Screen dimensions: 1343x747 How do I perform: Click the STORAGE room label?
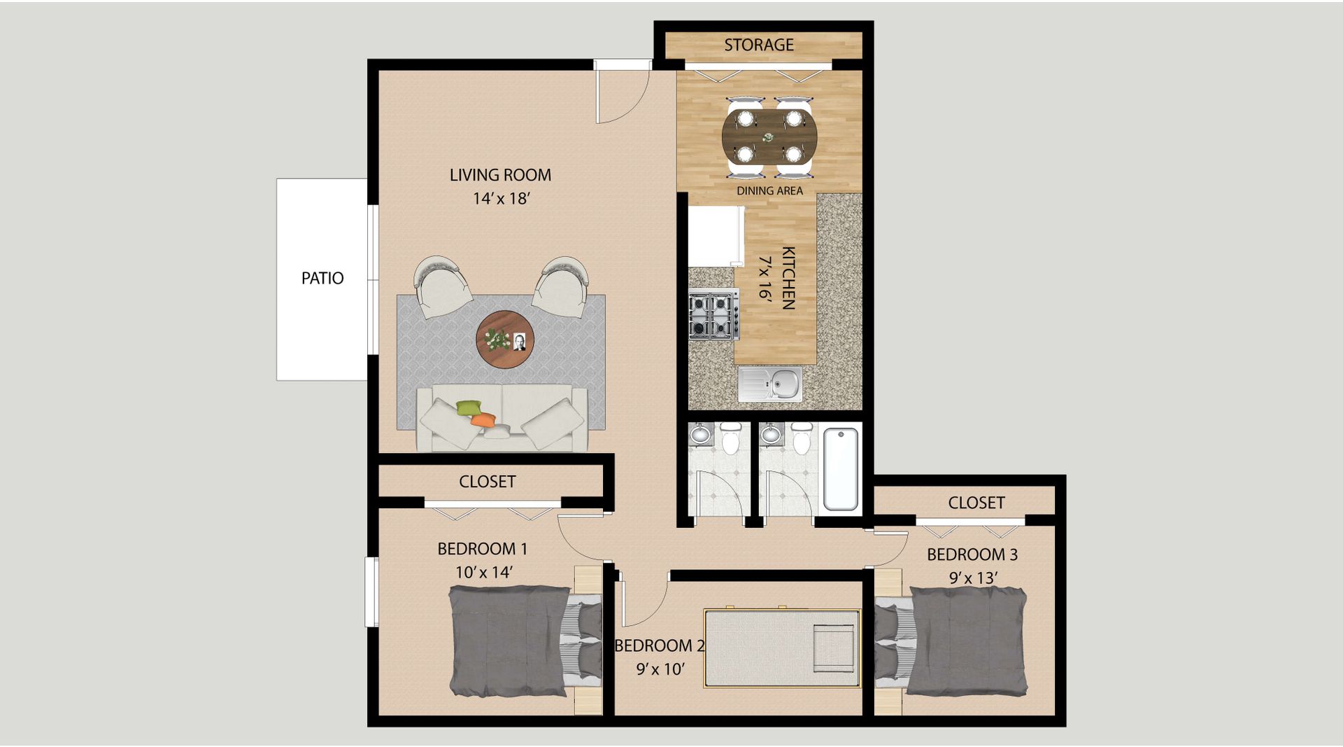758,45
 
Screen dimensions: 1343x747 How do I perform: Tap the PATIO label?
322,278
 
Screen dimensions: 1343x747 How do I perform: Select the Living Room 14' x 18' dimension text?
501,198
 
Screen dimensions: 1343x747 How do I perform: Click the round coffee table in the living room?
505,340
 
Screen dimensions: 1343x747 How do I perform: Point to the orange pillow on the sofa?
483,420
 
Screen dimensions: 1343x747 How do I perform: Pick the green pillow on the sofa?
469,407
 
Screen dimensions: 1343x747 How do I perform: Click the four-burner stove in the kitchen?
713,314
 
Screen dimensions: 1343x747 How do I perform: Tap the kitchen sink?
770,384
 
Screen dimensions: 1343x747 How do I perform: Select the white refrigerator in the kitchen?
716,236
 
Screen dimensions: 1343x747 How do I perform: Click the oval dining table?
769,137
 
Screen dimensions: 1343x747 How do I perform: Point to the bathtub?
840,468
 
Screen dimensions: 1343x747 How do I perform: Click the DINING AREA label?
769,190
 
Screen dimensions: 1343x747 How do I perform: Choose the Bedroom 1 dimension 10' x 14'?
484,572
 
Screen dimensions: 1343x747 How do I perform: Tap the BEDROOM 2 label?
659,645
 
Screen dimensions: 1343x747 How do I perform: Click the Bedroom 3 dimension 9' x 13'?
973,578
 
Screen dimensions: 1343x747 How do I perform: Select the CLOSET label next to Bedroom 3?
976,503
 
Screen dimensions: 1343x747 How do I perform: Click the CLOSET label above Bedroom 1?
488,482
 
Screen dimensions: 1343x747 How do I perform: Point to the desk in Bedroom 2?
782,648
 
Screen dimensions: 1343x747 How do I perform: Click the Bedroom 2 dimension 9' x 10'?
660,669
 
